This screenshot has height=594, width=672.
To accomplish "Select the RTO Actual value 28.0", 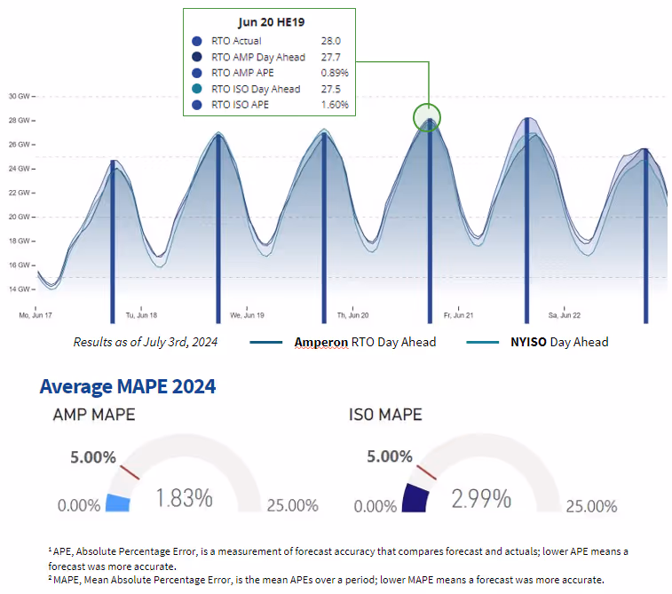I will coord(331,41).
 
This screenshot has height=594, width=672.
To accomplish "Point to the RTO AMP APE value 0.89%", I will coord(334,73).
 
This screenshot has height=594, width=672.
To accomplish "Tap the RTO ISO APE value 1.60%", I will coord(334,105).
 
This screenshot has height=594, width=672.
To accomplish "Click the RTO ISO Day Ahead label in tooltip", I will coord(256,89).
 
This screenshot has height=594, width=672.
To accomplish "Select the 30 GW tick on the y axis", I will coord(20,96).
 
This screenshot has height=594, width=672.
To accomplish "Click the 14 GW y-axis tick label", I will coord(20,289).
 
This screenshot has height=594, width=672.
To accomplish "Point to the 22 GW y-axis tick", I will coord(20,193).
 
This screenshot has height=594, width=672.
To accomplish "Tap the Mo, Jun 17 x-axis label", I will coord(36,315).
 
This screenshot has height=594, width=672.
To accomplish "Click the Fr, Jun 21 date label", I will coord(457,315).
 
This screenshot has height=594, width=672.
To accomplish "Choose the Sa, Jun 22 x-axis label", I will coord(564,315).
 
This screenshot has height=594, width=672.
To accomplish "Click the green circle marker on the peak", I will coord(428,116).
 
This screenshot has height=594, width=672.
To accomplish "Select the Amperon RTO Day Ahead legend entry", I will coord(364,342).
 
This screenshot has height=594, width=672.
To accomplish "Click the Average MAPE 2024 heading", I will coord(127,386).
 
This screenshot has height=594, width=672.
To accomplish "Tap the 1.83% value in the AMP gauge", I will coord(184,499).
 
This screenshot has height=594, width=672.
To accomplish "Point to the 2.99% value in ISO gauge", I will coord(481,499).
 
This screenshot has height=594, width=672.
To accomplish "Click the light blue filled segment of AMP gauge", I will coord(118,503).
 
